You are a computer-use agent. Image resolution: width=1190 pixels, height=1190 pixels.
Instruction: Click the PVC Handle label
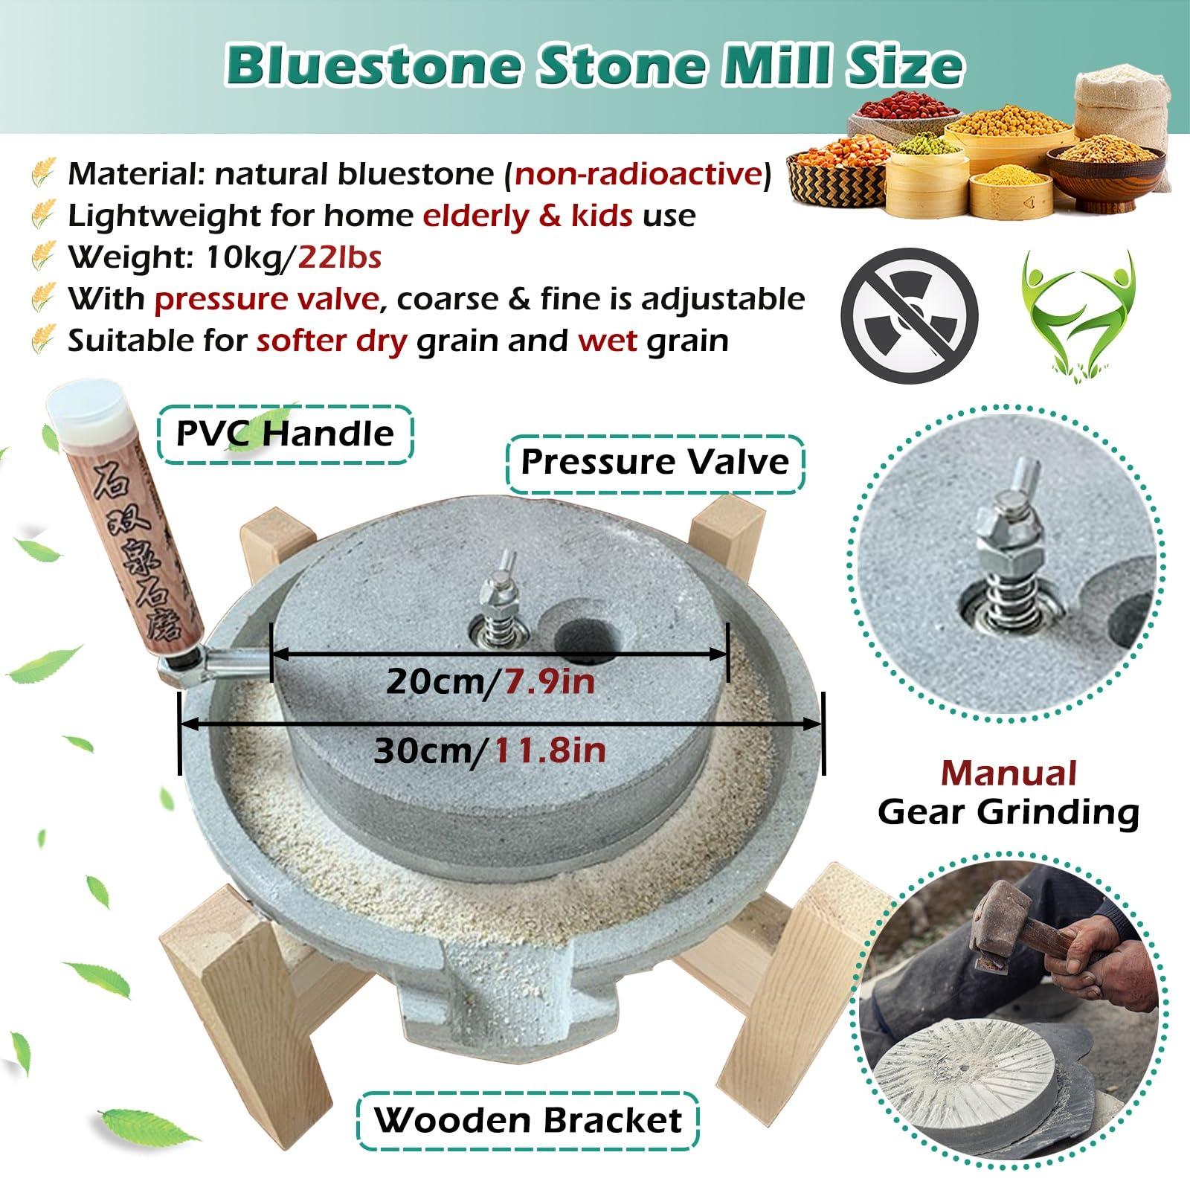pyautogui.click(x=286, y=434)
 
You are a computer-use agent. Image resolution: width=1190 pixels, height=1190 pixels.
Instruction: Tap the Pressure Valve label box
pyautogui.click(x=654, y=462)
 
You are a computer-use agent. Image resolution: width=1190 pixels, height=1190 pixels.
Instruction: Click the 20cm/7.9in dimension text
pyautogui.click(x=491, y=681)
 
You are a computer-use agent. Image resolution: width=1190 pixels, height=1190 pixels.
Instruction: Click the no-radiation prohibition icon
pyautogui.click(x=909, y=311)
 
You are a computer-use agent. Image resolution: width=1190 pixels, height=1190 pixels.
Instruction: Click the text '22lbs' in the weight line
pyautogui.click(x=340, y=258)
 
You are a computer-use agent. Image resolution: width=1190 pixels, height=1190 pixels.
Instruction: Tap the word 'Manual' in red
pyautogui.click(x=1009, y=773)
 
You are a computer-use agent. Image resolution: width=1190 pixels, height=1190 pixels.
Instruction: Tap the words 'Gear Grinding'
pyautogui.click(x=1009, y=812)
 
